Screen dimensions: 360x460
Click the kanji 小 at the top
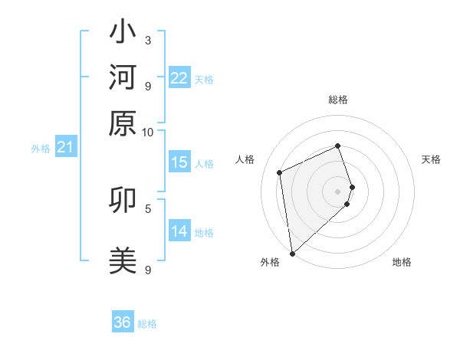123,34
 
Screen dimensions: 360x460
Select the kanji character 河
123,79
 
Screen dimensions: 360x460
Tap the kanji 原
123,123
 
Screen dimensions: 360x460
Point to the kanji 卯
123,201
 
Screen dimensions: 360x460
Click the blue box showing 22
179,78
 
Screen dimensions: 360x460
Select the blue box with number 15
179,162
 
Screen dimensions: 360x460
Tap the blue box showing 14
179,231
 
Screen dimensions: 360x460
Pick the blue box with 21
64,147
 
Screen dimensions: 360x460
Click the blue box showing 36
123,322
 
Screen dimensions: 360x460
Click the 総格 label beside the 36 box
147,324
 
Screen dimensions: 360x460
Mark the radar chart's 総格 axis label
337,100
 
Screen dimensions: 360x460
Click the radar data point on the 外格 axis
292,254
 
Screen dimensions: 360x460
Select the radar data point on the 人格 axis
280,172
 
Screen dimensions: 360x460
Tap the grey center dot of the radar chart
337,191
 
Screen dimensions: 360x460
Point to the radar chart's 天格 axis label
431,159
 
